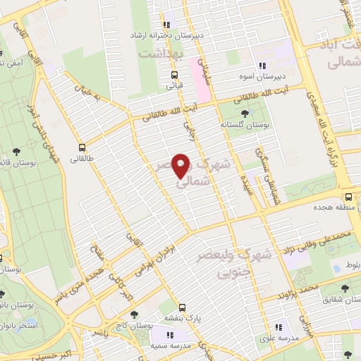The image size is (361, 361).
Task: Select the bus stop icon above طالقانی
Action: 82,148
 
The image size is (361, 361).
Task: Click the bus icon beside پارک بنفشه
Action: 182,307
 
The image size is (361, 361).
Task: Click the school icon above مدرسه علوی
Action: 279,326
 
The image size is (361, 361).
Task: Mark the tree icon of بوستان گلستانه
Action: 245,113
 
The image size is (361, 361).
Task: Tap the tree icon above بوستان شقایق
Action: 344,288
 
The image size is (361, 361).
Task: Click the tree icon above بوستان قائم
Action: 16,152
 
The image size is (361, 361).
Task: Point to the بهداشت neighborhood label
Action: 161,54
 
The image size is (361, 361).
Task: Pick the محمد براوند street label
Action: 300,289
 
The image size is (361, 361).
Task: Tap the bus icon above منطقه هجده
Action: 347,197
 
